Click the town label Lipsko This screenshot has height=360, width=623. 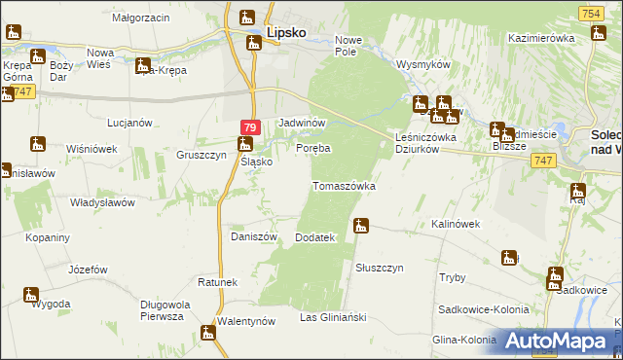[287, 32]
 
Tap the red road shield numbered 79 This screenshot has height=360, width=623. [249, 127]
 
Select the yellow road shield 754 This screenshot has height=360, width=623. [587, 13]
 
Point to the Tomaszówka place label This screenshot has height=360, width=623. [344, 185]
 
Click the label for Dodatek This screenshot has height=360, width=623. [314, 237]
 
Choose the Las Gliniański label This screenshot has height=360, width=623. [332, 317]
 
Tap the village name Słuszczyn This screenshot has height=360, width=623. [380, 267]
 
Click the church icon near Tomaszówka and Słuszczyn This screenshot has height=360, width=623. [361, 226]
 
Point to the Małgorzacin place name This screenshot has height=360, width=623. [140, 18]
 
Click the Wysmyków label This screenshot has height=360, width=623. [421, 64]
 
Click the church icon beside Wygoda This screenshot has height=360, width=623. [31, 293]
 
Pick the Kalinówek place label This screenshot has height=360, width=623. [457, 224]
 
